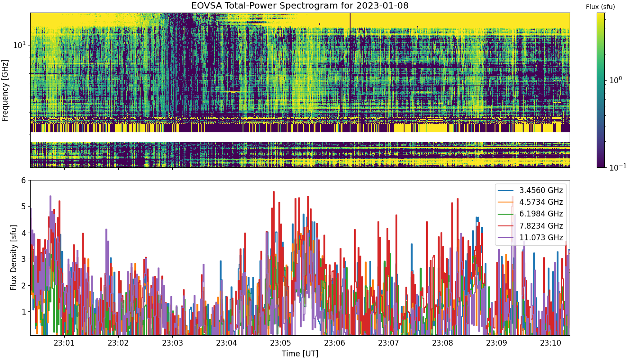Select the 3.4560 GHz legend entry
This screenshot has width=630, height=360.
click(x=530, y=190)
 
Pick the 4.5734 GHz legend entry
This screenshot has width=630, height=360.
click(x=530, y=202)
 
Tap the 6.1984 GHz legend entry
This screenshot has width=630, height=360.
click(x=530, y=214)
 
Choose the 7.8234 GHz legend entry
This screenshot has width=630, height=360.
click(x=530, y=226)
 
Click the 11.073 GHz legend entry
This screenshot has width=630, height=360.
click(x=530, y=238)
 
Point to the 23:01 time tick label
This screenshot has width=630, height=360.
click(x=64, y=343)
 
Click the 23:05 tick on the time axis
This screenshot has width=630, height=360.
click(x=281, y=343)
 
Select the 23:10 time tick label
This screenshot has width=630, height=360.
click(x=551, y=343)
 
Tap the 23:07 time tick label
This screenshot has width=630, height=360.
click(x=389, y=343)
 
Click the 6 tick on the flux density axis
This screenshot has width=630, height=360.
click(x=23, y=180)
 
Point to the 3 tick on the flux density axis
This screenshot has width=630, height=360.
click(x=23, y=259)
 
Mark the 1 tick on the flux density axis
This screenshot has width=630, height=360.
click(x=23, y=311)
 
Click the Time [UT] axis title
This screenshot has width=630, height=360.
click(x=300, y=354)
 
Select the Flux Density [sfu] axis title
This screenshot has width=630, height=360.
click(x=13, y=257)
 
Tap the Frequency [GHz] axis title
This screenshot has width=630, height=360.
click(x=5, y=90)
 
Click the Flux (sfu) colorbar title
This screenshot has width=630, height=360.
click(x=600, y=7)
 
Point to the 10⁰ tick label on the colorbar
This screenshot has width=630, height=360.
click(x=616, y=80)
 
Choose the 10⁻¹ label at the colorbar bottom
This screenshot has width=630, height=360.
click(x=617, y=167)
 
